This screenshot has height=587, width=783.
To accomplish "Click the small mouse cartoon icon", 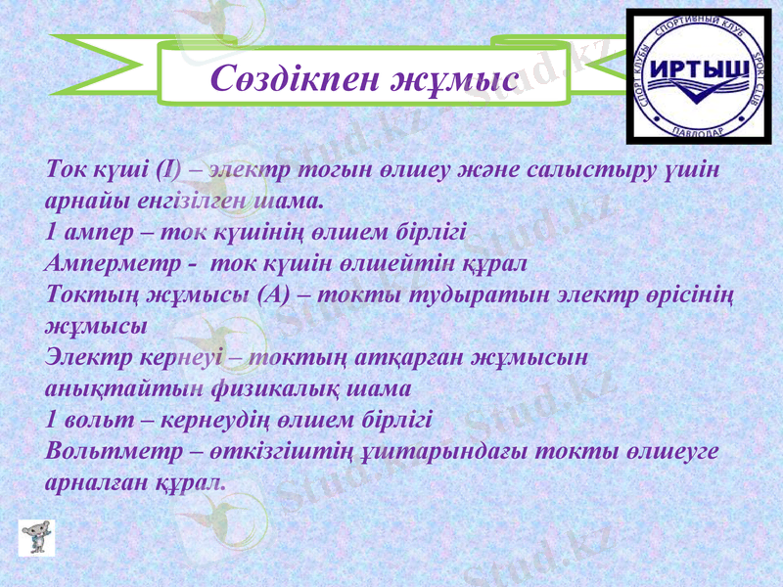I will (36, 537).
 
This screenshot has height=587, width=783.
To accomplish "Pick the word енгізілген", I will (197, 201).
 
